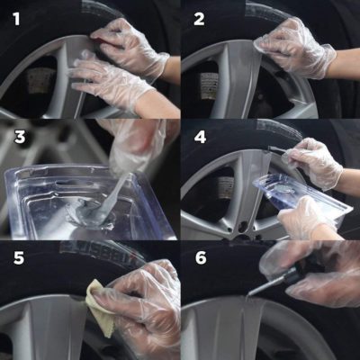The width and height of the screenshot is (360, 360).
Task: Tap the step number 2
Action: click(x=199, y=17)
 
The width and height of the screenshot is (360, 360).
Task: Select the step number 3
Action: click(x=16, y=137)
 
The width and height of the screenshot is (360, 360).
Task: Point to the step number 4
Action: click(x=199, y=137)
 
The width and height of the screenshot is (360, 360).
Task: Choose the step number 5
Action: click(x=16, y=256)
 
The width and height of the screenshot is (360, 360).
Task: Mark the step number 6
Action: click(x=199, y=256)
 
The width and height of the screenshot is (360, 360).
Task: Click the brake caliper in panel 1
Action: click(x=40, y=81)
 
